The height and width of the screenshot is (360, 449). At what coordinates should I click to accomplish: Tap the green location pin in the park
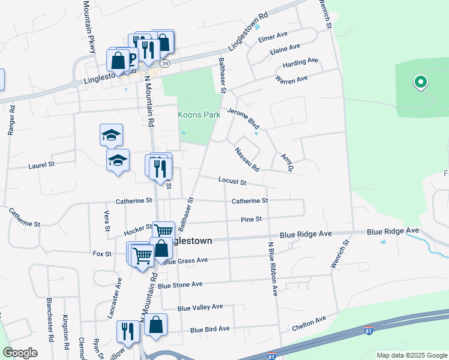(x=421, y=82)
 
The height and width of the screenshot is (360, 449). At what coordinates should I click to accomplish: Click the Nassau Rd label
(x=247, y=159)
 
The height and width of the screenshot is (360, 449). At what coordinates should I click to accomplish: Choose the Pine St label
(x=251, y=220)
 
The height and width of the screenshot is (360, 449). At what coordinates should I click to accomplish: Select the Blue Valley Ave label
(x=200, y=307)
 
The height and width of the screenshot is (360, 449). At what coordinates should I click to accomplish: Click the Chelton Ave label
(x=309, y=323)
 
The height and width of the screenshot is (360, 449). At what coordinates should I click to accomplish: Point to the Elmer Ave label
(x=270, y=38)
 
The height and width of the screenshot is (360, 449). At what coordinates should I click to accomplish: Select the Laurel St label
(x=41, y=164)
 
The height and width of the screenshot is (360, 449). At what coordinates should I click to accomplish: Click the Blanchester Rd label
(x=50, y=316)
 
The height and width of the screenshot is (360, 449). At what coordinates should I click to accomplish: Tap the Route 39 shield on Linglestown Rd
(x=165, y=62)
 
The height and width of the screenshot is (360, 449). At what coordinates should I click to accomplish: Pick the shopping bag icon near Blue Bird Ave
(x=155, y=325)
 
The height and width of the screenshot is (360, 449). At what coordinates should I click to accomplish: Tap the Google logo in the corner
(x=20, y=353)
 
